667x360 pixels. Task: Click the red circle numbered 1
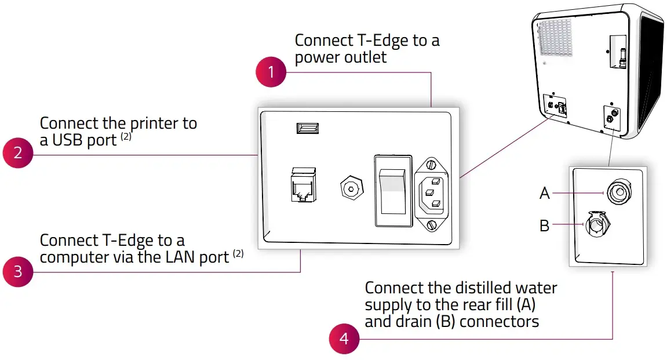(271, 72)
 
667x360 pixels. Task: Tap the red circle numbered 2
(18, 153)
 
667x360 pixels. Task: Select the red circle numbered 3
(18, 271)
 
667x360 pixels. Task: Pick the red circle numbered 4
(344, 338)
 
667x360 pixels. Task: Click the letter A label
(544, 194)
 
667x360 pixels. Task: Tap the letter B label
(544, 226)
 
